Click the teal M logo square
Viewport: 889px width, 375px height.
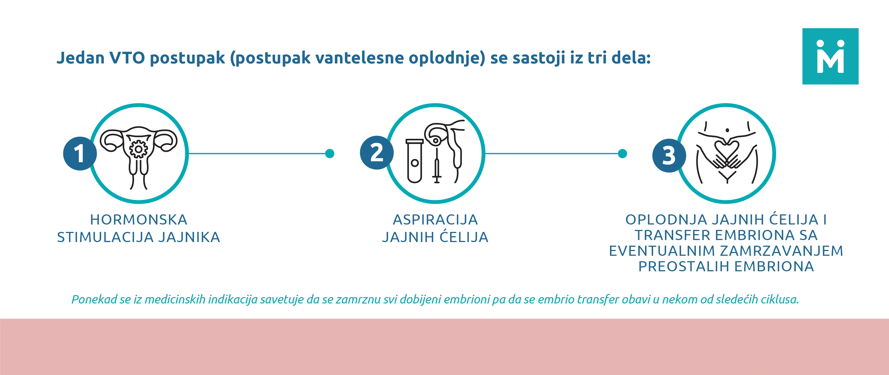830,56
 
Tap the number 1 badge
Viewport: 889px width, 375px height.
80,153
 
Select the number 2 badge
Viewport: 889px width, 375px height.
377,153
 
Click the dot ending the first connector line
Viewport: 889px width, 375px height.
330,153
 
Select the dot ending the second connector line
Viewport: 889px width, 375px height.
622,153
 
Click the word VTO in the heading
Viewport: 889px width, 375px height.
127,58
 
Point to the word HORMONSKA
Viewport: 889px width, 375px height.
139,220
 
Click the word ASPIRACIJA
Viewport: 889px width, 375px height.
435,220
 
